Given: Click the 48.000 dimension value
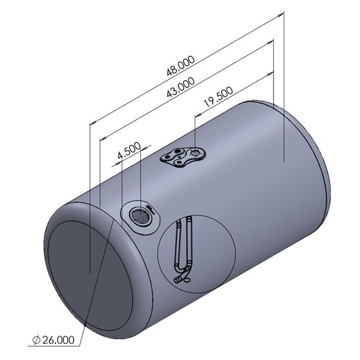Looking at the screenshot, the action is pos(181,66).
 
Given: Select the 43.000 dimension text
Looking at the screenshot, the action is pos(181,87).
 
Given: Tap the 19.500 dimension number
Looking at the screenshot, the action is pos(218,97).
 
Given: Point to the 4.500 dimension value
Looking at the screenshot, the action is pos(129,151).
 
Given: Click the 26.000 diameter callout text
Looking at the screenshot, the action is pos(59,340).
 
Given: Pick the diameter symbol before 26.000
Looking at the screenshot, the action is pos(36,340).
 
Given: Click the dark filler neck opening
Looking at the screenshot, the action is pos(140,216).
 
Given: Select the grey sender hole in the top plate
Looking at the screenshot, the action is pos(195,153).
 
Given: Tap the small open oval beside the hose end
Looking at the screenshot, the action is pos(187,280).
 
